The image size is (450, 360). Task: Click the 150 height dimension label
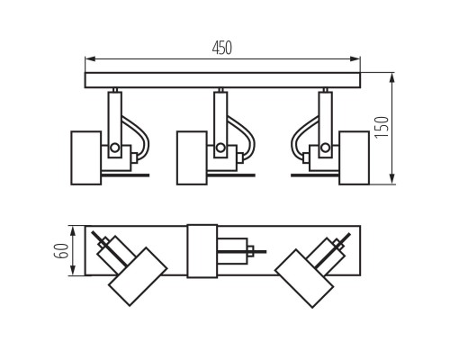(x=382, y=127)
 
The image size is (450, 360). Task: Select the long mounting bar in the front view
(x=222, y=80)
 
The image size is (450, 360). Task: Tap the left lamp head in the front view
(x=86, y=157)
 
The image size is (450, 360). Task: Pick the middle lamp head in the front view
(x=191, y=157)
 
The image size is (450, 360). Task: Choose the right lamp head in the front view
(x=353, y=157)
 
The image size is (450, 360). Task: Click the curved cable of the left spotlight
(x=135, y=130)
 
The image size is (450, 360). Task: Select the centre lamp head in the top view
(x=202, y=251)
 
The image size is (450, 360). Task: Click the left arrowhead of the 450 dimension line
(x=88, y=60)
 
